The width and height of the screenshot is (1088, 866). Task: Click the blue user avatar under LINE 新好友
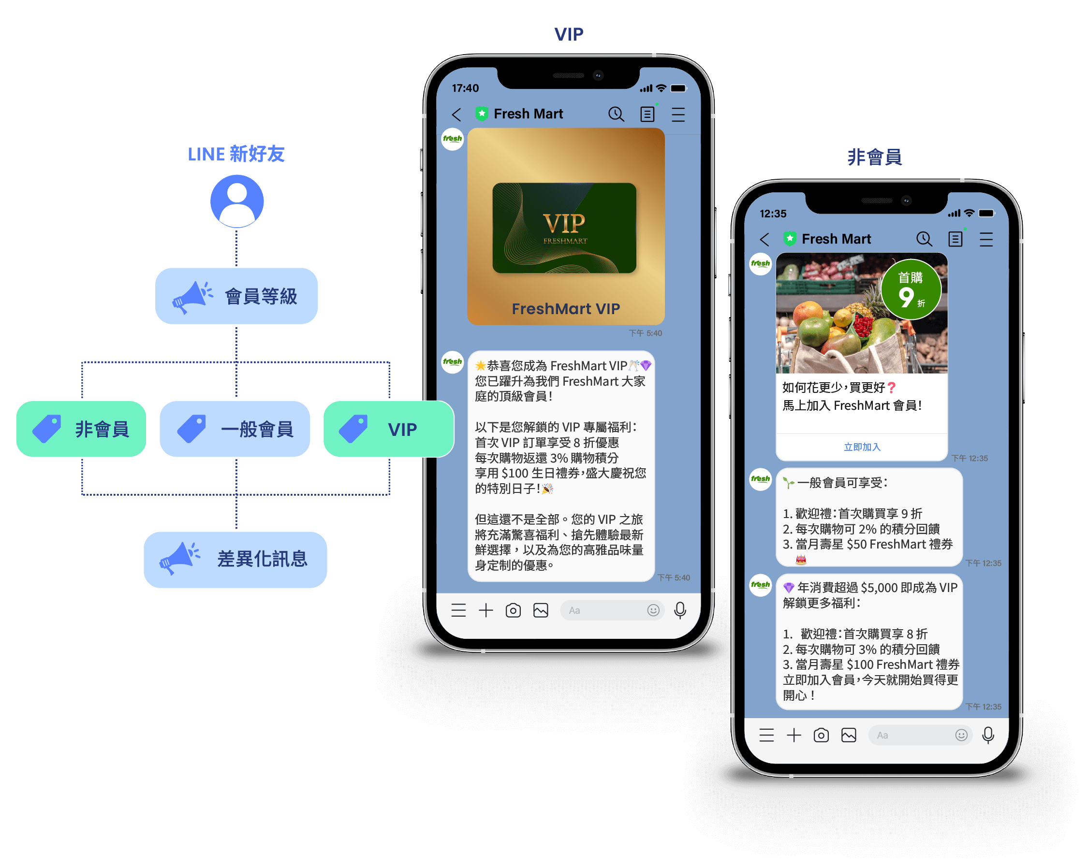click(236, 201)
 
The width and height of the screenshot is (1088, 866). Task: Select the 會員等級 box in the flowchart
click(236, 296)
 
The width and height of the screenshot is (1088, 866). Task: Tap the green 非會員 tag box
click(81, 429)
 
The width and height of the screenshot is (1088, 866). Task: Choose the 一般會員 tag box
click(235, 429)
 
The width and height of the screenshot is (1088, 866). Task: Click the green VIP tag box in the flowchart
click(388, 429)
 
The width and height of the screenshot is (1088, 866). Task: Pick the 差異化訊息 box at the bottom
click(235, 559)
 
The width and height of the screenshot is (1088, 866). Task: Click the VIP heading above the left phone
click(569, 34)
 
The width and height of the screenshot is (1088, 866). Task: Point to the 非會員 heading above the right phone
click(874, 157)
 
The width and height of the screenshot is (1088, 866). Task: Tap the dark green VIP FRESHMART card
click(564, 228)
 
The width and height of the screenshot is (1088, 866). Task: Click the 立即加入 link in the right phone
click(862, 447)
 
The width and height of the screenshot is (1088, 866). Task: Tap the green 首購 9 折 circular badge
click(911, 289)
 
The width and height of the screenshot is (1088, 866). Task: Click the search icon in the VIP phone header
click(616, 114)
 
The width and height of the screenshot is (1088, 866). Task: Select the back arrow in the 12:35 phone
click(765, 239)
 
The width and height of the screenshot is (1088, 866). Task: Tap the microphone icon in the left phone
click(680, 610)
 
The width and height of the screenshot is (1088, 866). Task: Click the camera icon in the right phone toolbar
click(821, 736)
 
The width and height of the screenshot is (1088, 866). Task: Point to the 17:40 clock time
click(465, 88)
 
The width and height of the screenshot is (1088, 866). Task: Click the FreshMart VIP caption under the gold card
click(566, 309)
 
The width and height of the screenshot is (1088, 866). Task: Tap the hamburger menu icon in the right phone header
click(986, 239)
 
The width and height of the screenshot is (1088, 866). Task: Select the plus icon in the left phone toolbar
click(486, 610)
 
